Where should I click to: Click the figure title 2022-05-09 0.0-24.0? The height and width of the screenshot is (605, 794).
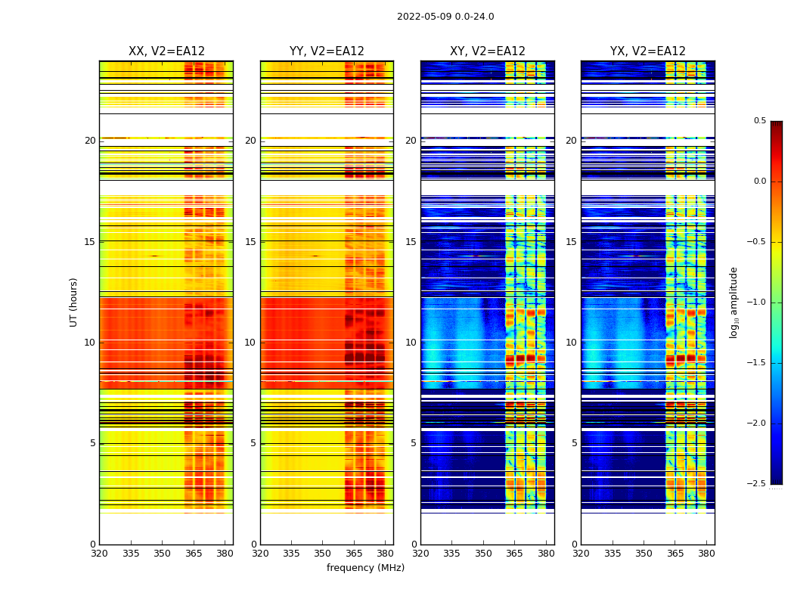point(445,17)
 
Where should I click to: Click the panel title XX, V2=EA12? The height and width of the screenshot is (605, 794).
point(166,51)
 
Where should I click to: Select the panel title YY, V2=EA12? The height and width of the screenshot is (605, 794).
point(327,51)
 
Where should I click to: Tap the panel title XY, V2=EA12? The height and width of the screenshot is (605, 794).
point(488,51)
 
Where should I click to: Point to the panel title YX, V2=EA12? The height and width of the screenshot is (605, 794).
point(648,51)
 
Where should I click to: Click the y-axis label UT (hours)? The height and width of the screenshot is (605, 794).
point(74,302)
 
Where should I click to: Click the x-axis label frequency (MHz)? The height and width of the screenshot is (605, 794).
point(365,568)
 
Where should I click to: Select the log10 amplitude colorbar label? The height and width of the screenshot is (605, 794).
point(734,302)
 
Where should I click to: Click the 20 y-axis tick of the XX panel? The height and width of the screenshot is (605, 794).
point(90,141)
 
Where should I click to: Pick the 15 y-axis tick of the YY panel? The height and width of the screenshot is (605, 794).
point(250,242)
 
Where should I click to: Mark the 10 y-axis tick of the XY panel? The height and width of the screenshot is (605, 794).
point(411,343)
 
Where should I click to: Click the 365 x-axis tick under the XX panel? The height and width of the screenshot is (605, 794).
point(194,553)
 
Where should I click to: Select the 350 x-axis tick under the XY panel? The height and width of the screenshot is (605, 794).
point(483,553)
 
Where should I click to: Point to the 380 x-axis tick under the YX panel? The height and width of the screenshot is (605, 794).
point(706,553)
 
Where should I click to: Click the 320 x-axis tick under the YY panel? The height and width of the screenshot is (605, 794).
point(260,553)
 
